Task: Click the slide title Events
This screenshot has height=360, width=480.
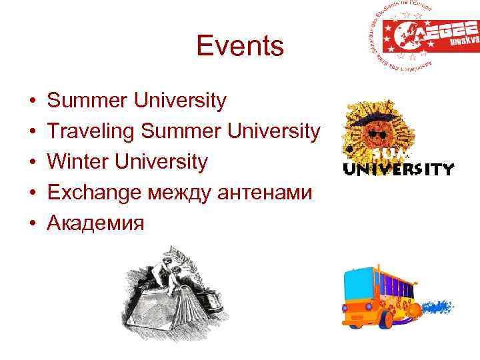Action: pos(240,47)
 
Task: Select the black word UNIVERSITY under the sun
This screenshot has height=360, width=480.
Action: pos(398,169)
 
